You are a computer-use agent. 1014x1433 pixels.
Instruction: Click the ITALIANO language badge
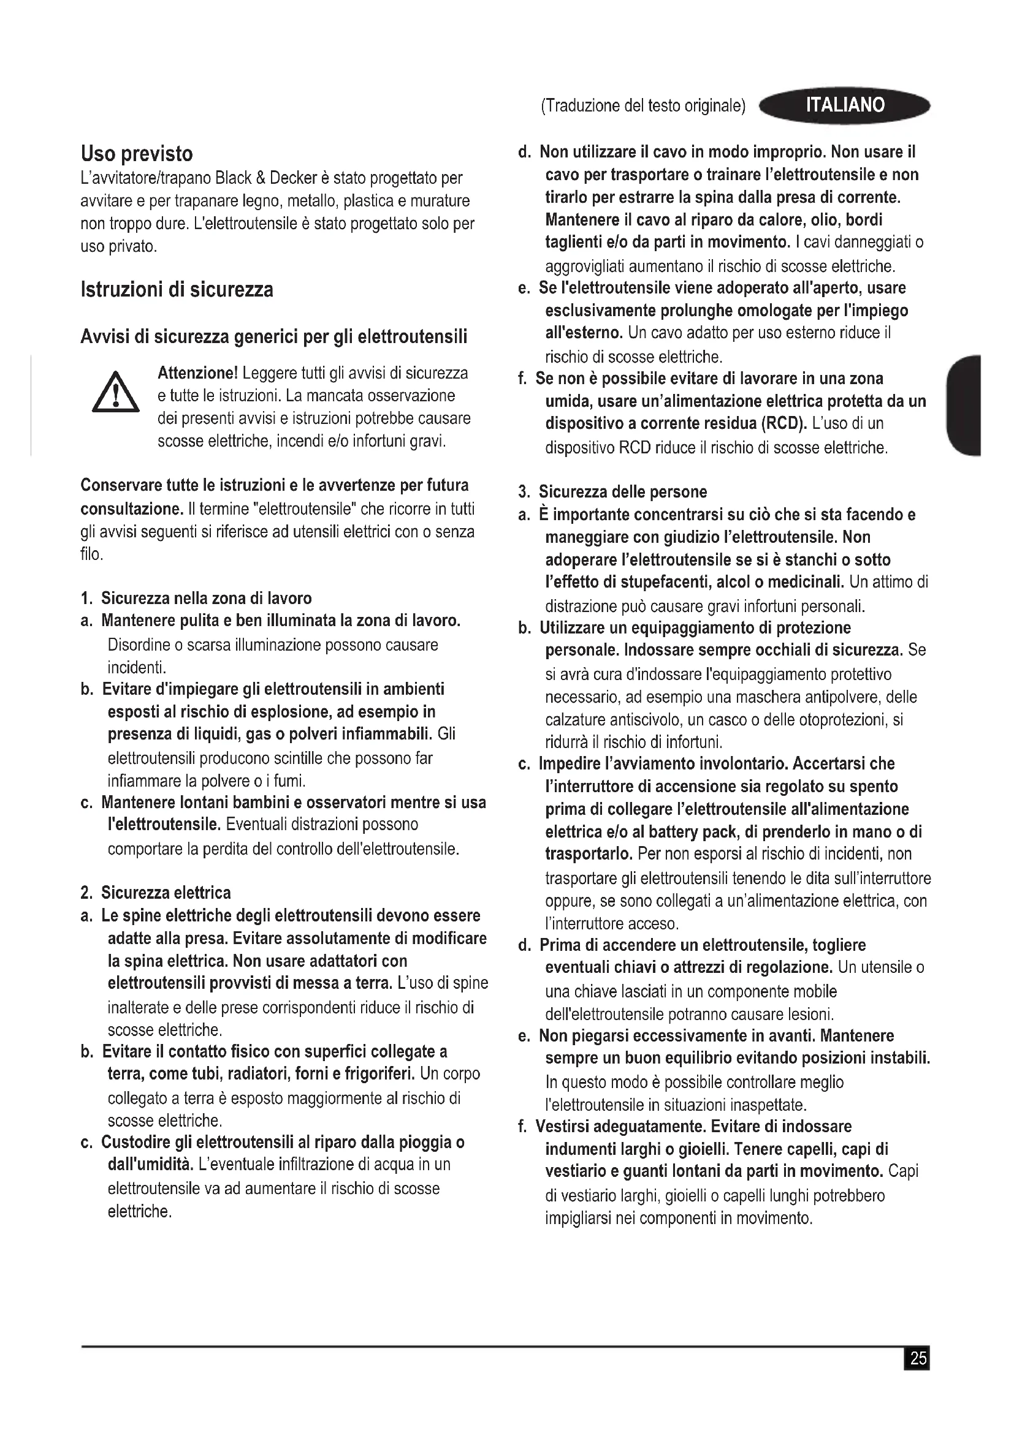coord(845,105)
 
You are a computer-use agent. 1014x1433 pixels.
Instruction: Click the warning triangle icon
coord(115,392)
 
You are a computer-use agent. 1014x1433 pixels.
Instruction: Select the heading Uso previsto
coord(137,154)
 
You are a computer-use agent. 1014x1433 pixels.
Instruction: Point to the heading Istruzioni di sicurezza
coord(177,290)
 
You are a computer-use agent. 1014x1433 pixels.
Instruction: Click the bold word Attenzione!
coord(197,373)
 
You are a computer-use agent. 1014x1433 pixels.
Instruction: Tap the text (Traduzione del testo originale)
coord(643,106)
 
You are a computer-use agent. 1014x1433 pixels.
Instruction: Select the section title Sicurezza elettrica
coord(166,893)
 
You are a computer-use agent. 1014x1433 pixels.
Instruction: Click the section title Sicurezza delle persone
coord(622,492)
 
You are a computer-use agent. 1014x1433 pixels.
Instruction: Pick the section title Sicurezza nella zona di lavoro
coord(206,598)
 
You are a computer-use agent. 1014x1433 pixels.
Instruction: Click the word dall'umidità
coord(149,1165)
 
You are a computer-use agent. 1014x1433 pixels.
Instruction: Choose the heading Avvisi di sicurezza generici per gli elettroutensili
coord(273,337)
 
